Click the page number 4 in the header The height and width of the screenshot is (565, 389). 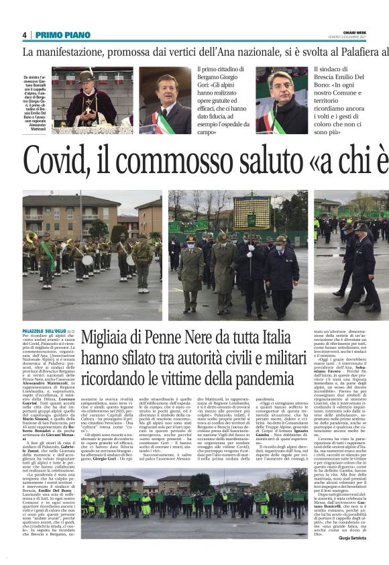click(23, 35)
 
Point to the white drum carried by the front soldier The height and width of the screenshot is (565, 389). click(88, 260)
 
